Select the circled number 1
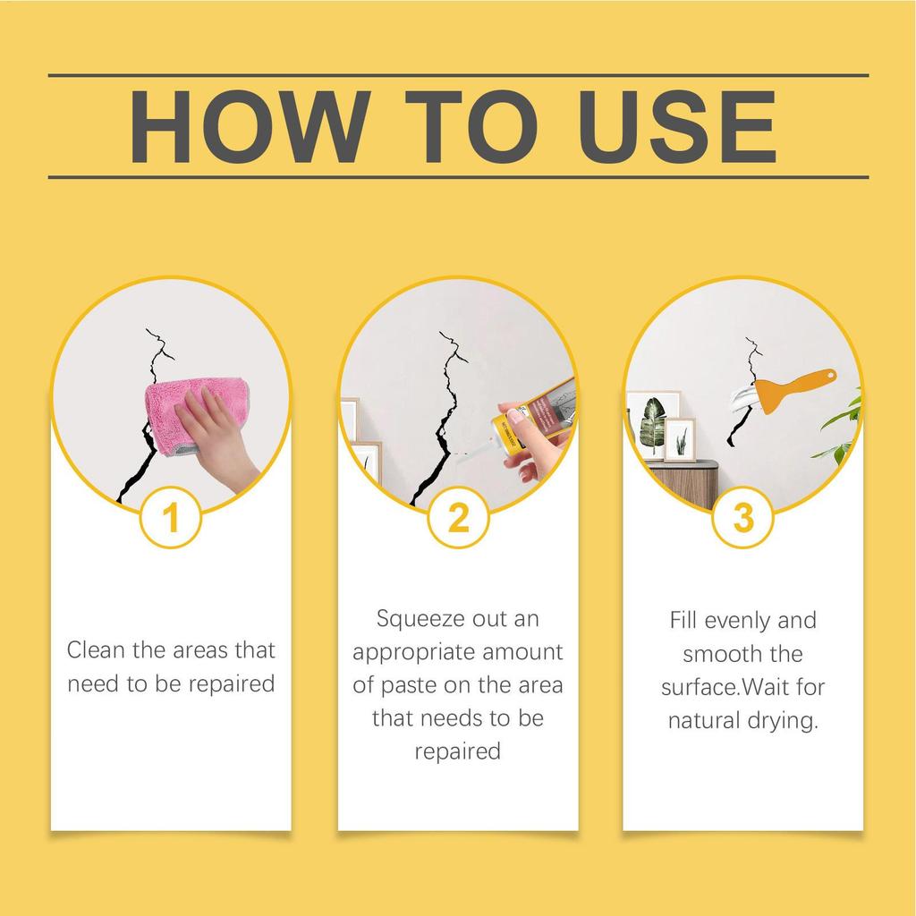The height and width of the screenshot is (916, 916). [173, 518]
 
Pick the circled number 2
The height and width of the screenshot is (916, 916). [457, 518]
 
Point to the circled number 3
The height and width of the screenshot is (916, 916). [742, 518]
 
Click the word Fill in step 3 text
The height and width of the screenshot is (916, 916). [683, 620]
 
